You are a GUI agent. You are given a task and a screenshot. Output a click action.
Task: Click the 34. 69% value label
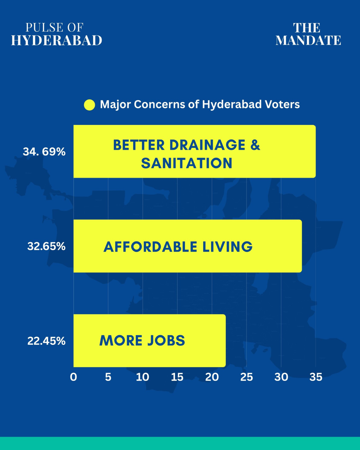44,152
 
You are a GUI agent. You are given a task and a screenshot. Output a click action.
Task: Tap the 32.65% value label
46,246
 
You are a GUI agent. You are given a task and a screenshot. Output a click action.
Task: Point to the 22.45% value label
46,341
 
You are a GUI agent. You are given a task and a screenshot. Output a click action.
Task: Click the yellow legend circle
89,105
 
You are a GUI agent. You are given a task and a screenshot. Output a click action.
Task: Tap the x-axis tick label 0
73,377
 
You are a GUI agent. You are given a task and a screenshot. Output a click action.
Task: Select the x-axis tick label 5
108,377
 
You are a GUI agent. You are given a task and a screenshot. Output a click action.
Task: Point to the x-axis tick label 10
143,377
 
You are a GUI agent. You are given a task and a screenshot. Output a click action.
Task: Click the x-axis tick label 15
177,377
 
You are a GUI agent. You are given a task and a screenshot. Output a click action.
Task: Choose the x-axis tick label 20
212,377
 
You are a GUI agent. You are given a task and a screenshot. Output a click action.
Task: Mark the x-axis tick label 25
247,377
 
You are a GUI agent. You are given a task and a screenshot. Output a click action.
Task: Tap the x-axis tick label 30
281,377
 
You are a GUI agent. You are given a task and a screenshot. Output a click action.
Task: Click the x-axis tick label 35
316,377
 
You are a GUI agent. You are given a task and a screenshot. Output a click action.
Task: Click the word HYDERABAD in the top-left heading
57,40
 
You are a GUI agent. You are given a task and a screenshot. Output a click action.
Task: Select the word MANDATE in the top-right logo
308,40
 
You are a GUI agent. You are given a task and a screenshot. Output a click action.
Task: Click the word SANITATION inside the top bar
187,163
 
